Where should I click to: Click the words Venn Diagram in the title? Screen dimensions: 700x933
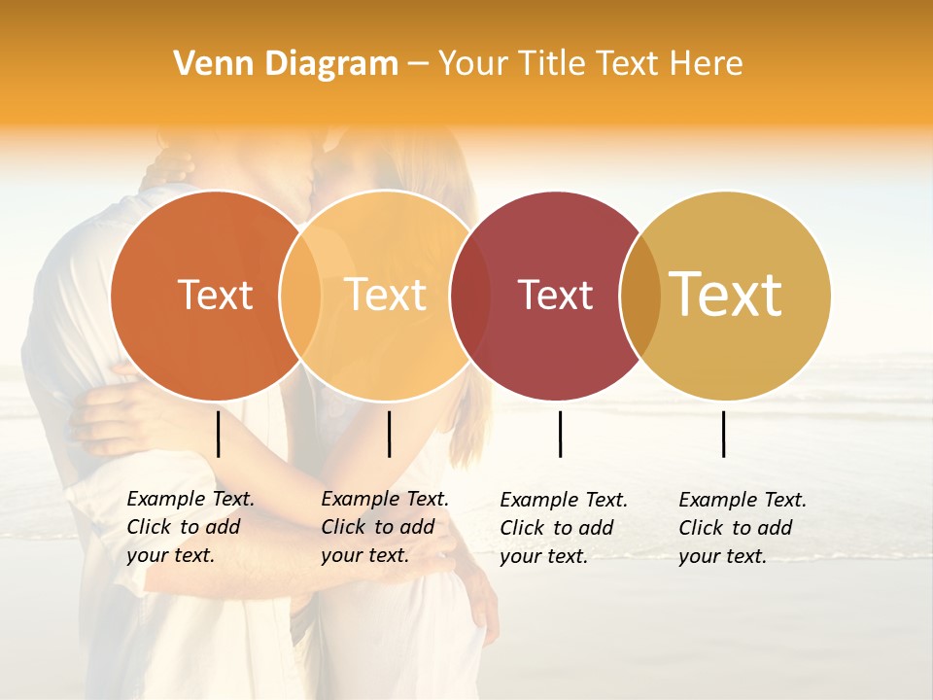point(285,64)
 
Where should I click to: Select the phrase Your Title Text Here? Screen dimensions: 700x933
point(590,64)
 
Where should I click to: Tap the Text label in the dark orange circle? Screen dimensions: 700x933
point(215,295)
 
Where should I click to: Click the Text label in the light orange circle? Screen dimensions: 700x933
point(385,295)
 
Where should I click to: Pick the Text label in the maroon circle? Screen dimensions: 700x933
point(555,295)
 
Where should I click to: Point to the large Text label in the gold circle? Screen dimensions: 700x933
point(725,294)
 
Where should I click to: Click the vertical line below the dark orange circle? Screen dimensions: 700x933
point(219,434)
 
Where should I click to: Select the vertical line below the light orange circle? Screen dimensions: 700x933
point(389,434)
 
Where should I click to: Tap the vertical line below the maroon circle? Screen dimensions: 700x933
point(561,434)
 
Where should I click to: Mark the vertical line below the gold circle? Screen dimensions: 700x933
point(724,434)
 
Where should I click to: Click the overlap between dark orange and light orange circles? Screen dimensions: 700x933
point(300,295)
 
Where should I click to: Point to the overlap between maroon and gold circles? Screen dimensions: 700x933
point(640,295)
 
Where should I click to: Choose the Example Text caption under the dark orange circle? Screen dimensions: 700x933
point(190,527)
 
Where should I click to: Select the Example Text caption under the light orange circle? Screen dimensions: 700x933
point(385,527)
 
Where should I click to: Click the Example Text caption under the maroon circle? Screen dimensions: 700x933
point(564,528)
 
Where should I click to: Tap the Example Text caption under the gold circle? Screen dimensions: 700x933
point(743,528)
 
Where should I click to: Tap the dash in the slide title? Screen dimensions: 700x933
point(418,65)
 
